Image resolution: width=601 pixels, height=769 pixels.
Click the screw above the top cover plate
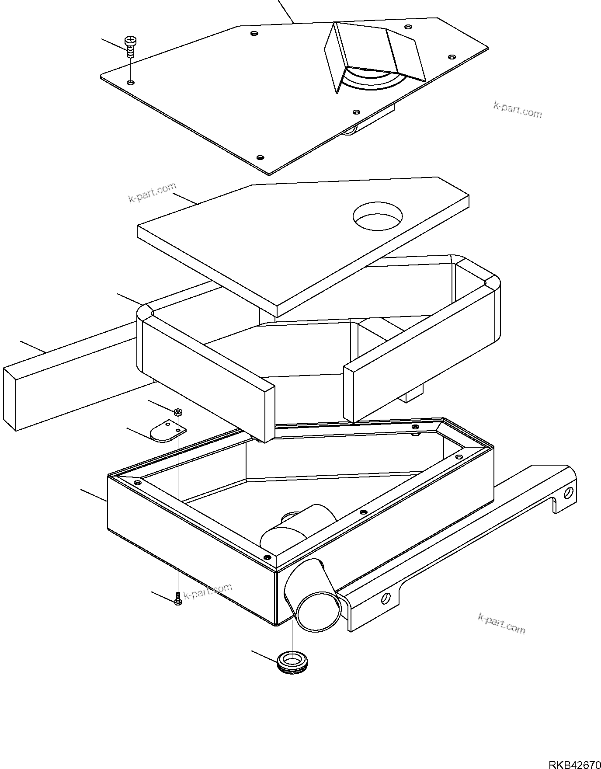130,46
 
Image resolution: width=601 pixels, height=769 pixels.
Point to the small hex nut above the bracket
178,412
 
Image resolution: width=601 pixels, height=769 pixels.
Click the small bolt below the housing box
178,599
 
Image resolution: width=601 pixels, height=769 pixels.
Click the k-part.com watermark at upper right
518,110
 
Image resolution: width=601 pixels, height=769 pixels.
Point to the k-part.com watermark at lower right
501,623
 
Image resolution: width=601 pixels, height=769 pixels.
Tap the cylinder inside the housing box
297,527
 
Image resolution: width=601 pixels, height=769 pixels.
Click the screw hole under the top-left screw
130,82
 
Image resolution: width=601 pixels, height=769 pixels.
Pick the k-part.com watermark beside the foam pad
152,193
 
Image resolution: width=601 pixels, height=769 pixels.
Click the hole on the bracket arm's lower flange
386,597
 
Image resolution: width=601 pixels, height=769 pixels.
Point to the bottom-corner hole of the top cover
260,157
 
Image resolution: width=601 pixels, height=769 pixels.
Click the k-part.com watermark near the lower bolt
208,592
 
